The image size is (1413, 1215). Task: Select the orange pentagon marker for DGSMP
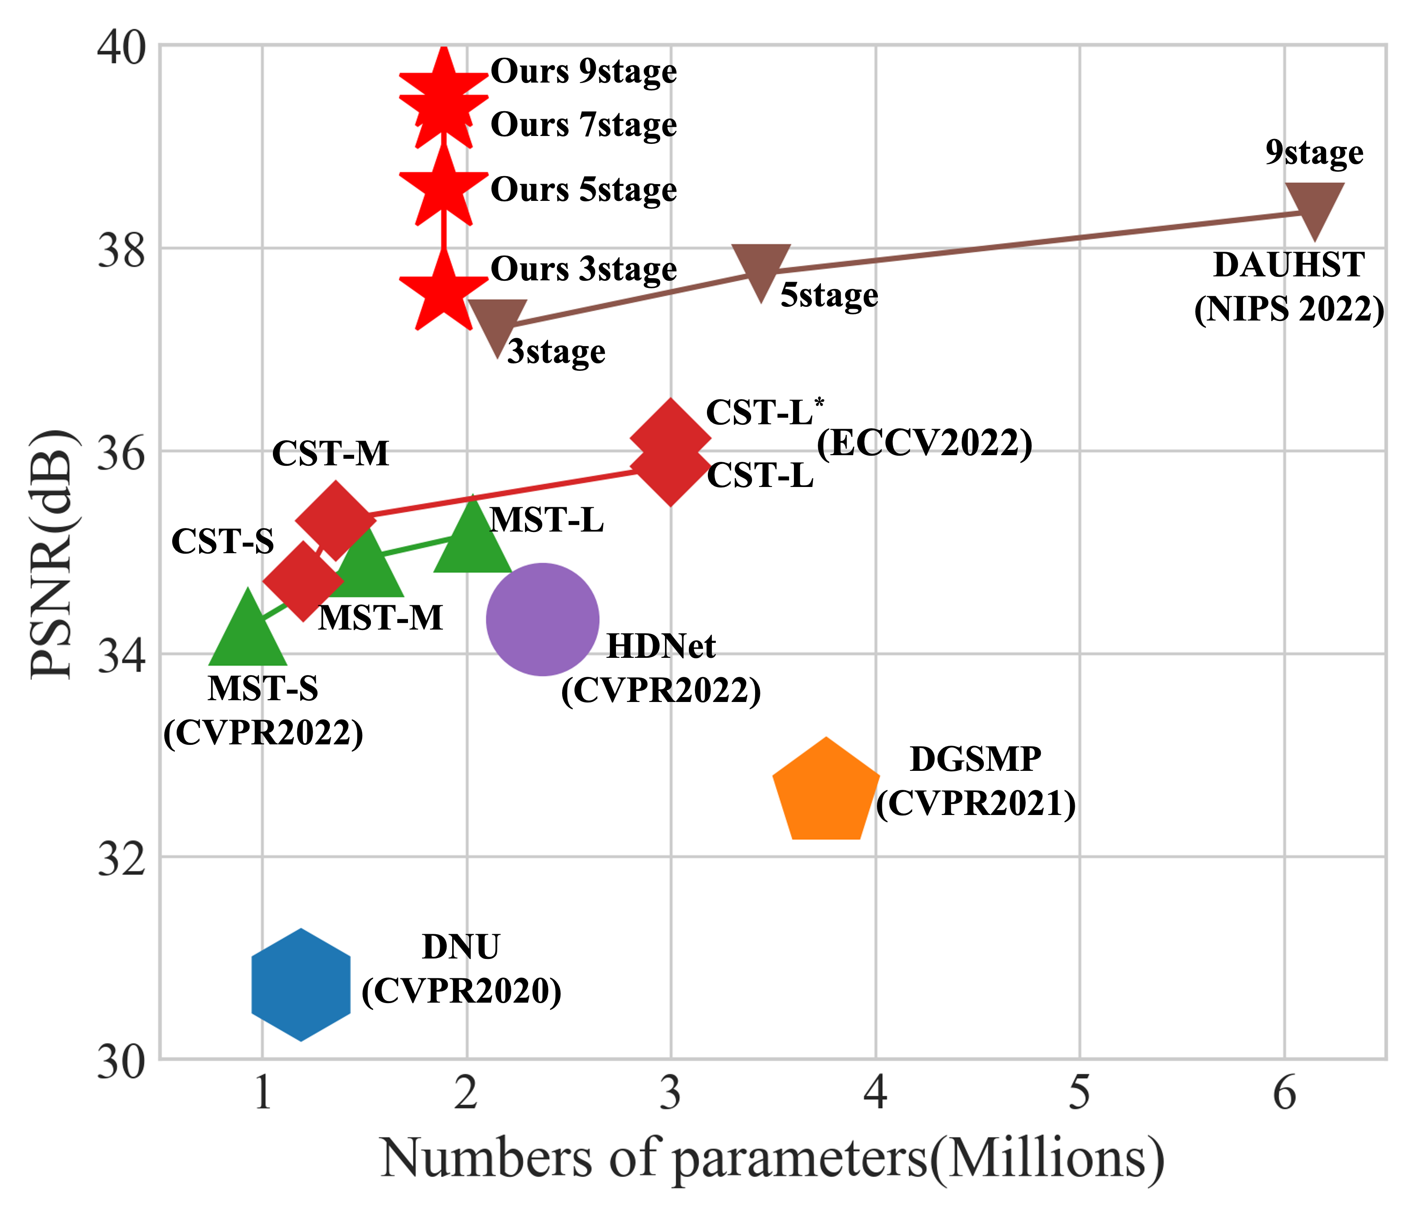(826, 793)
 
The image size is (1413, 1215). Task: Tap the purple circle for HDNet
(542, 619)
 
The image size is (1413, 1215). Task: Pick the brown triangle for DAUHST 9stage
(1314, 206)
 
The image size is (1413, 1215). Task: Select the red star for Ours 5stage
(444, 189)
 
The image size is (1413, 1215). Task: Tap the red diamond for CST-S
(303, 581)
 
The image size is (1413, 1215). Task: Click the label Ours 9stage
(583, 72)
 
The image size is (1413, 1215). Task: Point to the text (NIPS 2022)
(1289, 309)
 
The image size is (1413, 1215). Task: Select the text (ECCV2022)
(924, 443)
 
